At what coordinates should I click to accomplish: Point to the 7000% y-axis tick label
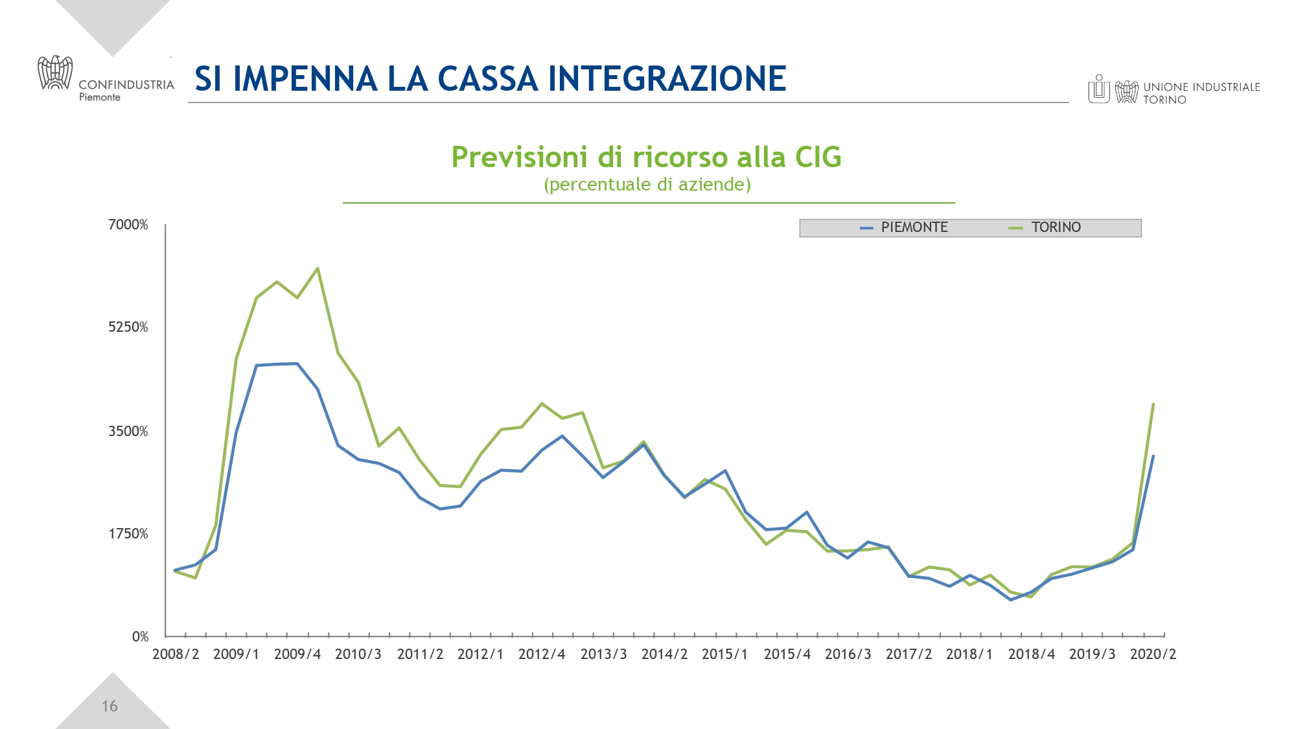[x=128, y=225]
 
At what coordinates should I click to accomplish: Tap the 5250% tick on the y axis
[x=128, y=327]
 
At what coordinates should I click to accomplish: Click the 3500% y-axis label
[x=128, y=432]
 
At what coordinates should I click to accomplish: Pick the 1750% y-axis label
[x=128, y=534]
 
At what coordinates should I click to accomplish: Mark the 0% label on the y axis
[x=140, y=637]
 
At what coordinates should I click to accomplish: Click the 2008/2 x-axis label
[x=176, y=654]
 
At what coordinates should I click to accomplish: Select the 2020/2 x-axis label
[x=1153, y=654]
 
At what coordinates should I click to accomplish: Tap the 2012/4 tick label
[x=542, y=654]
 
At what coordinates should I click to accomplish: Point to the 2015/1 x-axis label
[x=724, y=654]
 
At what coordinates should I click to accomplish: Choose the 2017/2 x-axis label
[x=908, y=654]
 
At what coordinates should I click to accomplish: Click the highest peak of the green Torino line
[x=318, y=268]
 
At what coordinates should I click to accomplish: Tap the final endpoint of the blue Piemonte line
[x=1153, y=456]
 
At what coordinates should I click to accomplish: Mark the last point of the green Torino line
[x=1153, y=404]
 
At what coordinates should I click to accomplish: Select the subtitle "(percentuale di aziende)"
[x=647, y=185]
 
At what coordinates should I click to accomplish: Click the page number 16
[x=110, y=706]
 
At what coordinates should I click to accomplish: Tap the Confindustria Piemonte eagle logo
[x=55, y=73]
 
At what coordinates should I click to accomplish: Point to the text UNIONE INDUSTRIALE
[x=1201, y=87]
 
